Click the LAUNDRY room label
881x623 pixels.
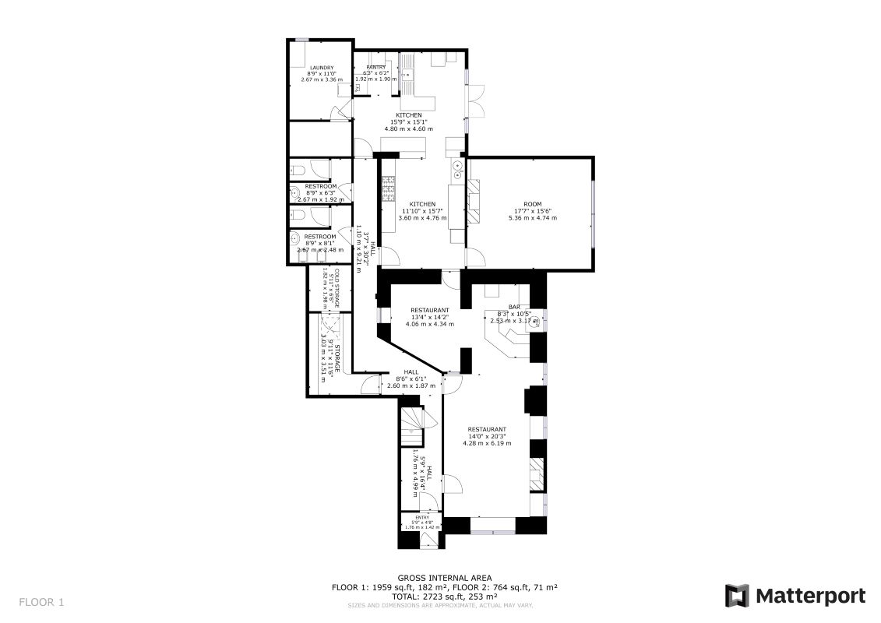(321, 68)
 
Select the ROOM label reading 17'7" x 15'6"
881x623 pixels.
(527, 204)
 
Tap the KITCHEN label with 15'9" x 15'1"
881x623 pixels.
(409, 115)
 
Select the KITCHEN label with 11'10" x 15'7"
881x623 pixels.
(424, 204)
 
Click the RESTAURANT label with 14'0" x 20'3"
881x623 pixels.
(487, 430)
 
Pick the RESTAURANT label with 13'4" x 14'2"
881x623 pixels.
(431, 310)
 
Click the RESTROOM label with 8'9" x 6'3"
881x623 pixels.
(320, 187)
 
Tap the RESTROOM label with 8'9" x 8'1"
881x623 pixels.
(320, 237)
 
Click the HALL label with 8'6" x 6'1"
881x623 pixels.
(411, 372)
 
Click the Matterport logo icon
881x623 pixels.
(736, 596)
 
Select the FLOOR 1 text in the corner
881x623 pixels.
(41, 602)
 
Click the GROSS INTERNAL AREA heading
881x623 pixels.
(444, 578)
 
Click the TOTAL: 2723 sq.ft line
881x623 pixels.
(443, 596)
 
